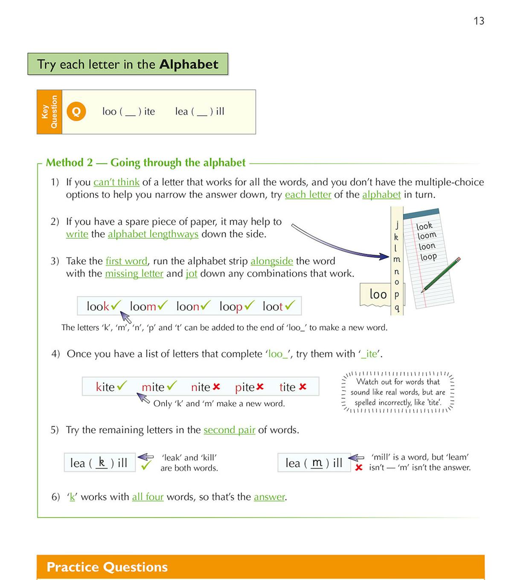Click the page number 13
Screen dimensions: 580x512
tap(479, 21)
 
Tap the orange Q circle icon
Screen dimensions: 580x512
tap(76, 111)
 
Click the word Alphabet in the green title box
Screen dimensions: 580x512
tap(189, 64)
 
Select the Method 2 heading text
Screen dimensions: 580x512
tap(145, 163)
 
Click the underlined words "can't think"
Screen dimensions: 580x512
tap(116, 182)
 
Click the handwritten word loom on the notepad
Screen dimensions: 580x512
tap(427, 236)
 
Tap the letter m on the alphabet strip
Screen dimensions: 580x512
tap(397, 259)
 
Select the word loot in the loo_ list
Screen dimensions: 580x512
tap(273, 307)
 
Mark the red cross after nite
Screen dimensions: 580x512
tap(216, 387)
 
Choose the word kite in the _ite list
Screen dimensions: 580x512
tap(105, 387)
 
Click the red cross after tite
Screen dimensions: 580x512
tap(303, 387)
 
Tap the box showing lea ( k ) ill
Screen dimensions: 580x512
tap(99, 463)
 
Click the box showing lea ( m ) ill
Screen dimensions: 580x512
tap(314, 463)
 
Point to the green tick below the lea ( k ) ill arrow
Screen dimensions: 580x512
tap(146, 466)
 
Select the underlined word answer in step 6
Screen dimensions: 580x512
tap(269, 497)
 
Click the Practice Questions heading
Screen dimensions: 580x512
tap(107, 567)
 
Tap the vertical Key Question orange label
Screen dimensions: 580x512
tap(49, 112)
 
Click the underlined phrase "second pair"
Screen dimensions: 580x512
tap(229, 430)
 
